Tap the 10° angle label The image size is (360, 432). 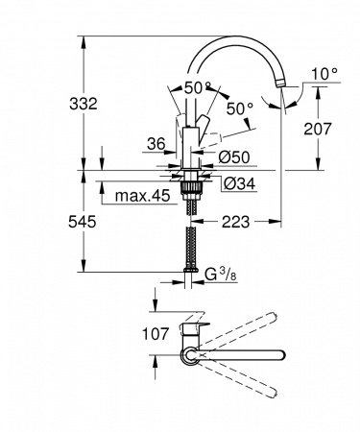pyautogui.click(x=324, y=71)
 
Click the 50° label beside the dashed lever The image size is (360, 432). pyautogui.click(x=240, y=108)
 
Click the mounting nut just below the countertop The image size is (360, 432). pyautogui.click(x=190, y=177)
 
